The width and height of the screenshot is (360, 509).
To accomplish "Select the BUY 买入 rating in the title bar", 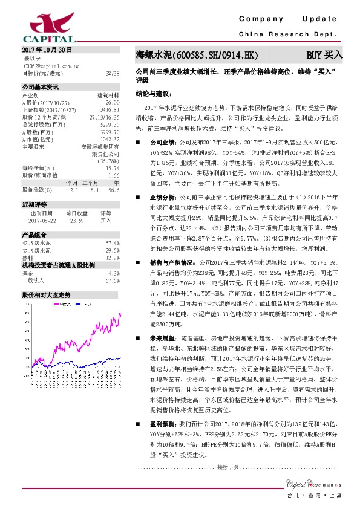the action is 324,54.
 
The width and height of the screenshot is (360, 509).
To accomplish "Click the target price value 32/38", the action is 113,73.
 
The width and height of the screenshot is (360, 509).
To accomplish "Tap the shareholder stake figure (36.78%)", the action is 108,161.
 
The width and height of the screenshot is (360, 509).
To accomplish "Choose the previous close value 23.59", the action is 77,220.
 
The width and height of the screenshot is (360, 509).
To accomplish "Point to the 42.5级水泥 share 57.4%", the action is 113,242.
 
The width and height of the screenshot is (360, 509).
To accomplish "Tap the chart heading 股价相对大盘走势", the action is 47,294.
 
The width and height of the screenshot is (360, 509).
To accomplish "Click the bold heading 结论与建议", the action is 154,94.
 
